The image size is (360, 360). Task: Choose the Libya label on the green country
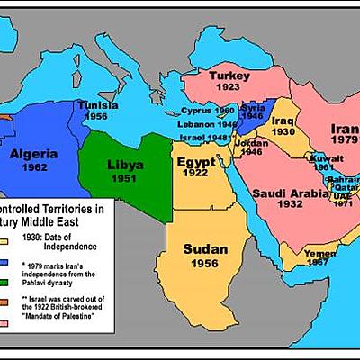click(x=125, y=166)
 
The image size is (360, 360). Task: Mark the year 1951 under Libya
click(x=125, y=179)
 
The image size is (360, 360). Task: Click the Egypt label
click(x=196, y=161)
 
